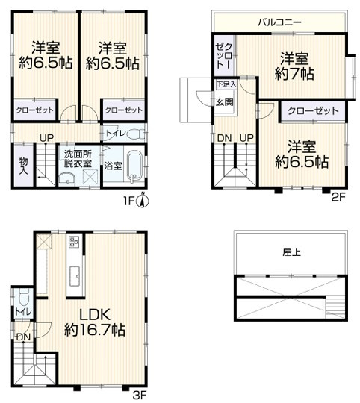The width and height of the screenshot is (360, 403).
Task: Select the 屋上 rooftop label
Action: click(x=292, y=252)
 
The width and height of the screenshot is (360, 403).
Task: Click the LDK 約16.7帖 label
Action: click(x=94, y=320)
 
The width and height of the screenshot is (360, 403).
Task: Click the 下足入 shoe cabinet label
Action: click(x=223, y=85)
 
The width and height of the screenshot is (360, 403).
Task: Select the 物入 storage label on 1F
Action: click(x=23, y=166)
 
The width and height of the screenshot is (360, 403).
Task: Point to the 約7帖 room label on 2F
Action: click(x=294, y=66)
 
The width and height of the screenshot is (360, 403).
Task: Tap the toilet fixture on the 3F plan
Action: click(x=24, y=293)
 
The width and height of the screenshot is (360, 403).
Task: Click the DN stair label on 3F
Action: click(x=23, y=338)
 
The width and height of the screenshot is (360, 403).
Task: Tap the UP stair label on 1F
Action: click(x=46, y=137)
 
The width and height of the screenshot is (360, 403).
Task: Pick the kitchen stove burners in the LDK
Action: click(x=74, y=242)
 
